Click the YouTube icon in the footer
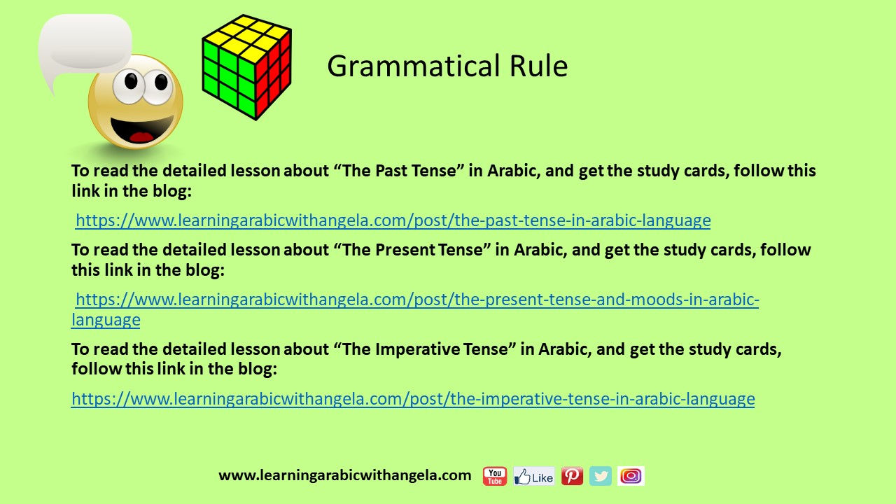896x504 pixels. tap(495, 476)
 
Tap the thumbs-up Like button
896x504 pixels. tap(534, 476)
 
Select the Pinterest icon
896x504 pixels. tap(572, 476)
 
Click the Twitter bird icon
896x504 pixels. tap(601, 476)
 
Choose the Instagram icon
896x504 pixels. tap(631, 476)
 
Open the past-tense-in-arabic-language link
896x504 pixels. tap(393, 220)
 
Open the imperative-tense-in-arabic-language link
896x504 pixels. tap(413, 399)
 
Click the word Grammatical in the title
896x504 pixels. tap(414, 66)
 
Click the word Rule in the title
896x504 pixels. tap(538, 66)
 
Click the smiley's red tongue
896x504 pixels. tap(141, 137)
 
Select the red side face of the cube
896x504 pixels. tap(274, 75)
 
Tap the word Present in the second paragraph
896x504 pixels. tap(405, 250)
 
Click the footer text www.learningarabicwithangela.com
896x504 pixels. tap(345, 475)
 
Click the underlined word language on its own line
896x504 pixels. tap(106, 321)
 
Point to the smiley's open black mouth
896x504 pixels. tap(141, 129)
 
